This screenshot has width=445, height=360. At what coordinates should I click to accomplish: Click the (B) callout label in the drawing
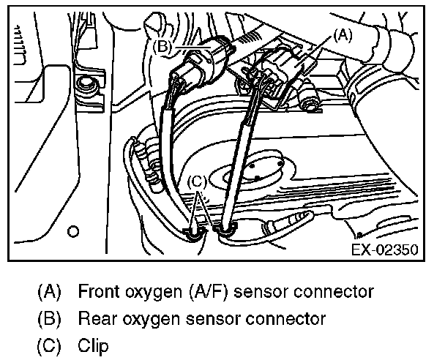[164, 45]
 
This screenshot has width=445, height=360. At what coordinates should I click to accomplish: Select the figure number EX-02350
[384, 250]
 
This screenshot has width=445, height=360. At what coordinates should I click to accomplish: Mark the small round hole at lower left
[72, 233]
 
